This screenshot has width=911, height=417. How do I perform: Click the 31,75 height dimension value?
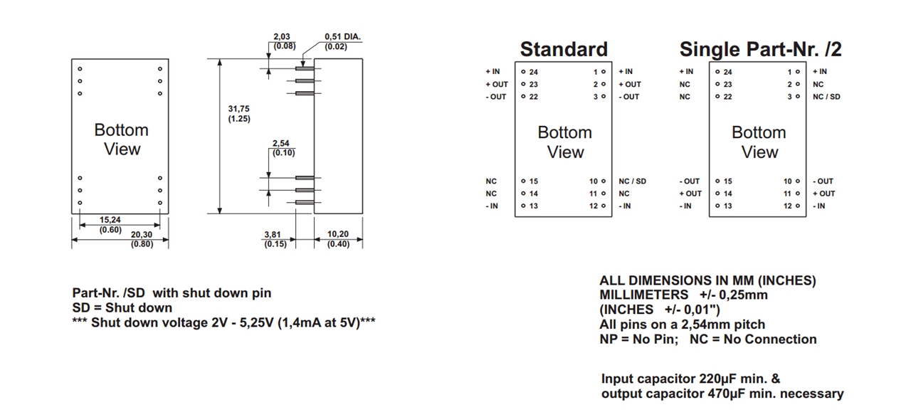[x=238, y=108]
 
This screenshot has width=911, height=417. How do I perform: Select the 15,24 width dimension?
[x=111, y=220]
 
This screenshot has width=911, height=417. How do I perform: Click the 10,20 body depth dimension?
[x=337, y=234]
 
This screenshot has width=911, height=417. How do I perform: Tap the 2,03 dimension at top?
[x=282, y=36]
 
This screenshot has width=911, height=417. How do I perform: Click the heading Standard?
[x=564, y=49]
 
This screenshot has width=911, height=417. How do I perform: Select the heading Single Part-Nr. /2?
[x=760, y=49]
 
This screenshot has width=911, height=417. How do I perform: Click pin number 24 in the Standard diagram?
[x=533, y=72]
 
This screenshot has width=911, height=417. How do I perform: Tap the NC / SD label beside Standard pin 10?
[x=632, y=181]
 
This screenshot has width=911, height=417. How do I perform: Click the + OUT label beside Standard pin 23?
[x=497, y=85]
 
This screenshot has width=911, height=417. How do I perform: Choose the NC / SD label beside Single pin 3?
[x=826, y=97]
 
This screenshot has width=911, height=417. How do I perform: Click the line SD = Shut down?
[x=122, y=308]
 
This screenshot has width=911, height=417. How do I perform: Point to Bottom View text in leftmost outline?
[x=122, y=139]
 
